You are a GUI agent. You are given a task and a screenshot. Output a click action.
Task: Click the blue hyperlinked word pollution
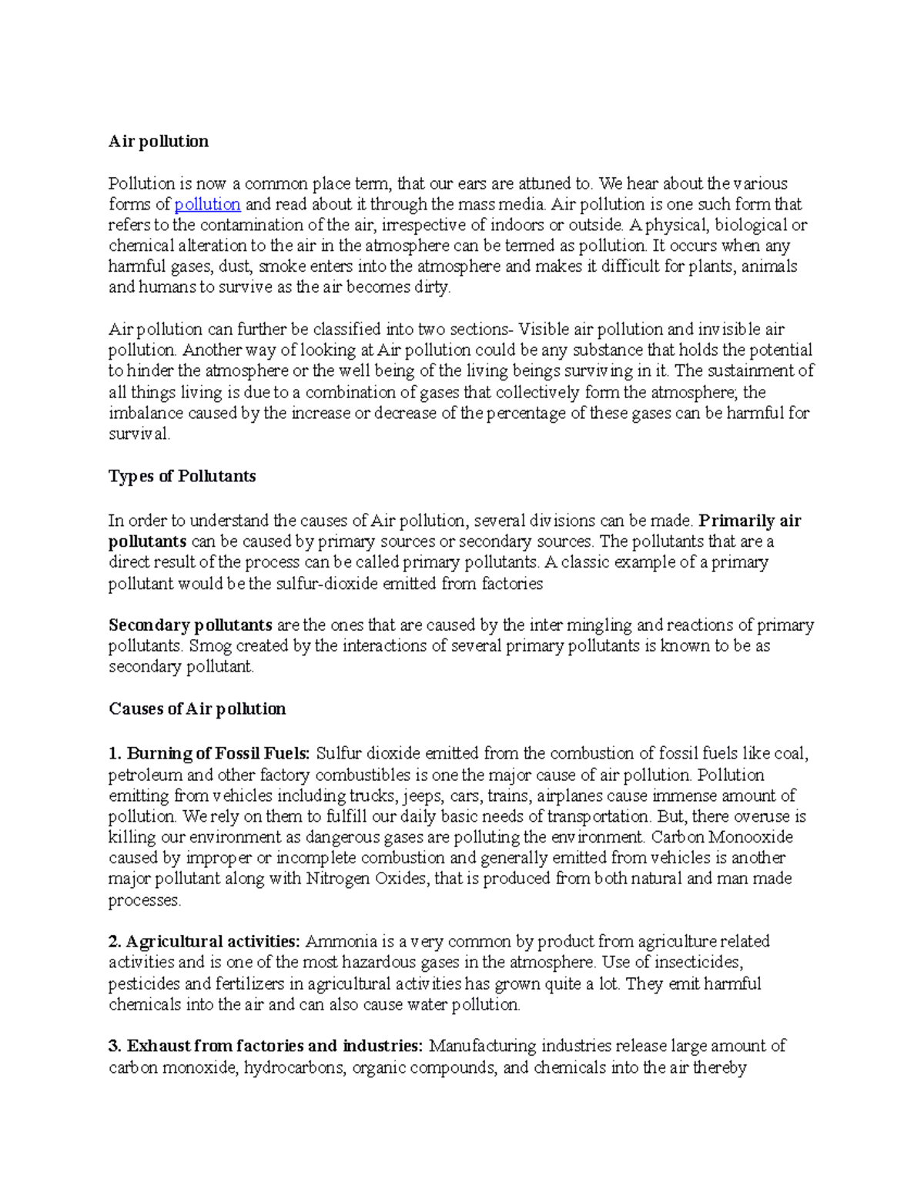tap(207, 205)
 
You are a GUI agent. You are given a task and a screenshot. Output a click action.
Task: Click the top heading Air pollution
tap(159, 142)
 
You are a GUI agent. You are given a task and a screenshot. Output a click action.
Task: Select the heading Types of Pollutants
tap(182, 477)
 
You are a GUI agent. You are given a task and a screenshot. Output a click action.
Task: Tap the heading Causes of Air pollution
tap(197, 709)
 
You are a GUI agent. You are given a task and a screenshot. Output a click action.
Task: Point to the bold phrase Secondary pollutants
tap(190, 625)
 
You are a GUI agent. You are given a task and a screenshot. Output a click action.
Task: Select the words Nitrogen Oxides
tap(365, 879)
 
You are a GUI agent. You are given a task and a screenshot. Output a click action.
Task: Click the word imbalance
tap(146, 414)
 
